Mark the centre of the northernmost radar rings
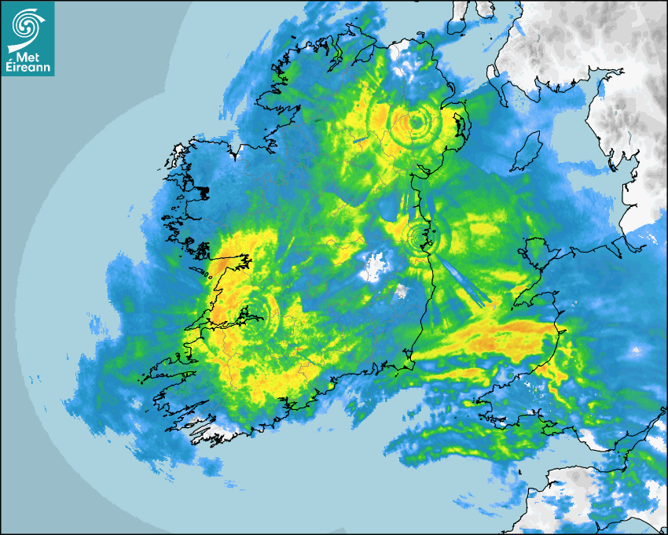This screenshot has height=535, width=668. tap(414, 122)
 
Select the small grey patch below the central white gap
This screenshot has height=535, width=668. tap(402, 292)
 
